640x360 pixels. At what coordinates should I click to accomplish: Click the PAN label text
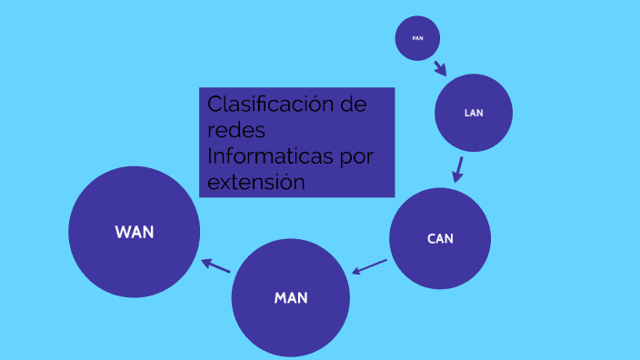click(417, 38)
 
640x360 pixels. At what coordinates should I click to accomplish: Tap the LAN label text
click(474, 114)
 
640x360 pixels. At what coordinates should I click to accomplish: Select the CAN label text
click(440, 239)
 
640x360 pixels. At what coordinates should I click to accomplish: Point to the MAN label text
click(291, 298)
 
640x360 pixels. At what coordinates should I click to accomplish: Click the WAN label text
click(135, 232)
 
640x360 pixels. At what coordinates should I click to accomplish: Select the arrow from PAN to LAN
click(440, 67)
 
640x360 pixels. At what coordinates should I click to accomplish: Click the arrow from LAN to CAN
click(458, 169)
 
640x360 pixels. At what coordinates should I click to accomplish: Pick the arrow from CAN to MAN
click(369, 266)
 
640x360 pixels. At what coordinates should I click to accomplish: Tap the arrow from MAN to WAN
click(215, 265)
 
